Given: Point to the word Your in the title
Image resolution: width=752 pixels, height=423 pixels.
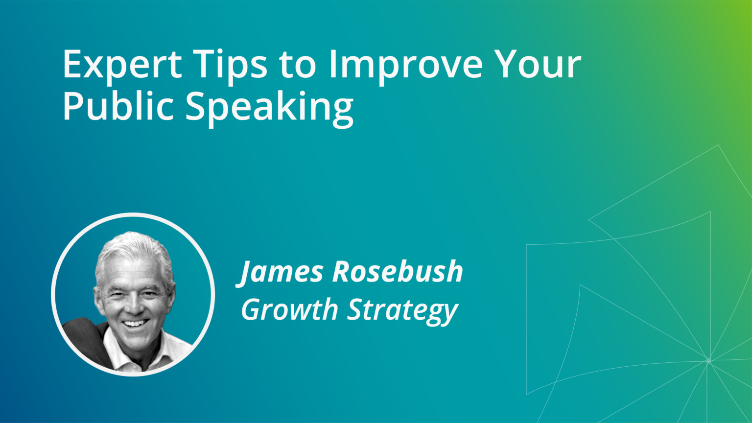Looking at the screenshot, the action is [x=535, y=64].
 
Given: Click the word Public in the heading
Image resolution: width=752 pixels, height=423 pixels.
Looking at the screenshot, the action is [x=118, y=105].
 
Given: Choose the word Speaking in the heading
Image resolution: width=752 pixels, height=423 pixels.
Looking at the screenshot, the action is [x=270, y=109].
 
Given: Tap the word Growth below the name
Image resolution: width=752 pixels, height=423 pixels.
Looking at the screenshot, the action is [x=289, y=309].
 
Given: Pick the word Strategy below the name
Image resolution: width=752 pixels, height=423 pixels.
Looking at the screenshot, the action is [x=402, y=311].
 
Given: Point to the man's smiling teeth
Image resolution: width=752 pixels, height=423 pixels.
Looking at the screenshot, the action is [x=135, y=323].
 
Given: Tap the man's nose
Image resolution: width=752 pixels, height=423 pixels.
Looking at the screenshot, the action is [x=134, y=306].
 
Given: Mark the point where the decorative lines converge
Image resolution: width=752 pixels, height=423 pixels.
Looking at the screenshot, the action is [x=708, y=361].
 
